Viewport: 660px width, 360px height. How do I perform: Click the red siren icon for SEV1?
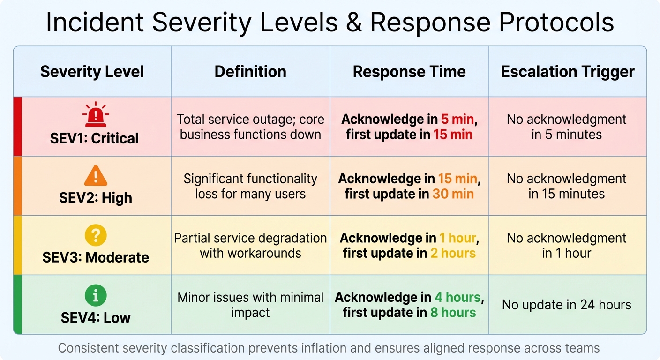click(95, 115)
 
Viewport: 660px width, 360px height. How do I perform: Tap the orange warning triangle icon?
click(96, 176)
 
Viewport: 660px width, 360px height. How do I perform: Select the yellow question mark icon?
click(96, 235)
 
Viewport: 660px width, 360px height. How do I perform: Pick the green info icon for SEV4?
click(96, 295)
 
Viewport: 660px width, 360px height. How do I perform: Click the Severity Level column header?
click(92, 72)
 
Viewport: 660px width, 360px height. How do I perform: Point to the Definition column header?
click(250, 72)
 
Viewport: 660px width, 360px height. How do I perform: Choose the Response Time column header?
click(409, 72)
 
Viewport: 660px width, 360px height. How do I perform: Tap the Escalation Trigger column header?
click(568, 72)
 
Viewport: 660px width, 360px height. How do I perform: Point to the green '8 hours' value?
click(453, 313)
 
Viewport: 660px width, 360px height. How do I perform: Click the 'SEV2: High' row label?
click(96, 198)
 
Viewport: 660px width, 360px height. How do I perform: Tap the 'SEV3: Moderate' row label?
click(96, 257)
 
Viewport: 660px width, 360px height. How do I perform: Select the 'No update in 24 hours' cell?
click(567, 305)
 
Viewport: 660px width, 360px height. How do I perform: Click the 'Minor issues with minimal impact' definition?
click(250, 305)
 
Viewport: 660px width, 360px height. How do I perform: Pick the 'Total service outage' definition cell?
click(250, 127)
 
